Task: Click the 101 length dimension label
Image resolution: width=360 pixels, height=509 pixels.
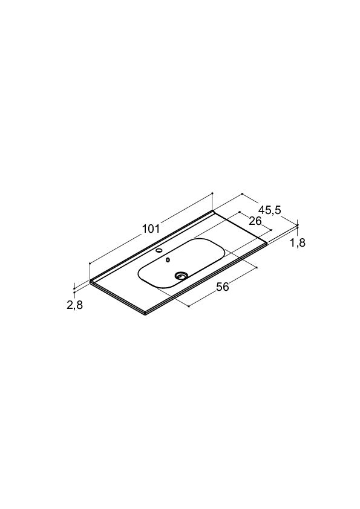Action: click(151, 229)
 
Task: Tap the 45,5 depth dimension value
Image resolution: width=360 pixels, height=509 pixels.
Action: click(270, 210)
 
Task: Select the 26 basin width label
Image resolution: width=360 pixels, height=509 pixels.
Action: click(255, 221)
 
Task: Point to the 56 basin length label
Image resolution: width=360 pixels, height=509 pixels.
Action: click(223, 287)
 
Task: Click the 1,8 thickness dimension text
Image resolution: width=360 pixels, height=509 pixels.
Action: click(298, 242)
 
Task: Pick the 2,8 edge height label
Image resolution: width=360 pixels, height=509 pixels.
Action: click(75, 305)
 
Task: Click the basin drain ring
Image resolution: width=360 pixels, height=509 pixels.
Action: click(181, 276)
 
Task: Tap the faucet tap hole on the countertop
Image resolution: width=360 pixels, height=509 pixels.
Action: click(160, 250)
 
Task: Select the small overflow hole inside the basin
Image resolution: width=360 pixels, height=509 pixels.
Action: click(168, 260)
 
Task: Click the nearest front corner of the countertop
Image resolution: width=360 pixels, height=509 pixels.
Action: click(145, 314)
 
